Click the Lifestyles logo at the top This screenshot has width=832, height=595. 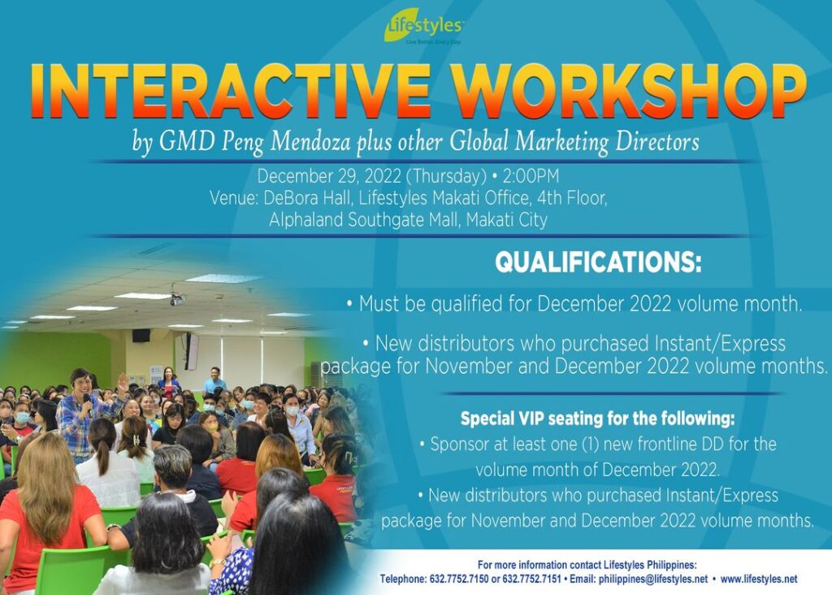pyautogui.click(x=423, y=27)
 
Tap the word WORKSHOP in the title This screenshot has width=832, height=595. pyautogui.click(x=628, y=91)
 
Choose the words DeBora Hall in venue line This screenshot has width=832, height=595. pyautogui.click(x=306, y=198)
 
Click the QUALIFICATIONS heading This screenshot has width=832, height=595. pyautogui.click(x=598, y=262)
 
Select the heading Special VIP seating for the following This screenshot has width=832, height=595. pyautogui.click(x=597, y=419)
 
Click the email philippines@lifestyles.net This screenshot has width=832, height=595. pyautogui.click(x=653, y=579)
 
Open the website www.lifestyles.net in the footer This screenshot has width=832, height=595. pyautogui.click(x=759, y=579)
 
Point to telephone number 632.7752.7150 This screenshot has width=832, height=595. pyautogui.click(x=458, y=579)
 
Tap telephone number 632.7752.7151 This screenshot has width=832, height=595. pyautogui.click(x=531, y=579)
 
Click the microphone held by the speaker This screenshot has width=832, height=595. pyautogui.click(x=88, y=403)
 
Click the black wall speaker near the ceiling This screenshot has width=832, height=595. pyautogui.click(x=141, y=336)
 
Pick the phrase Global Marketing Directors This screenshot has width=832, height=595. pyautogui.click(x=574, y=142)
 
